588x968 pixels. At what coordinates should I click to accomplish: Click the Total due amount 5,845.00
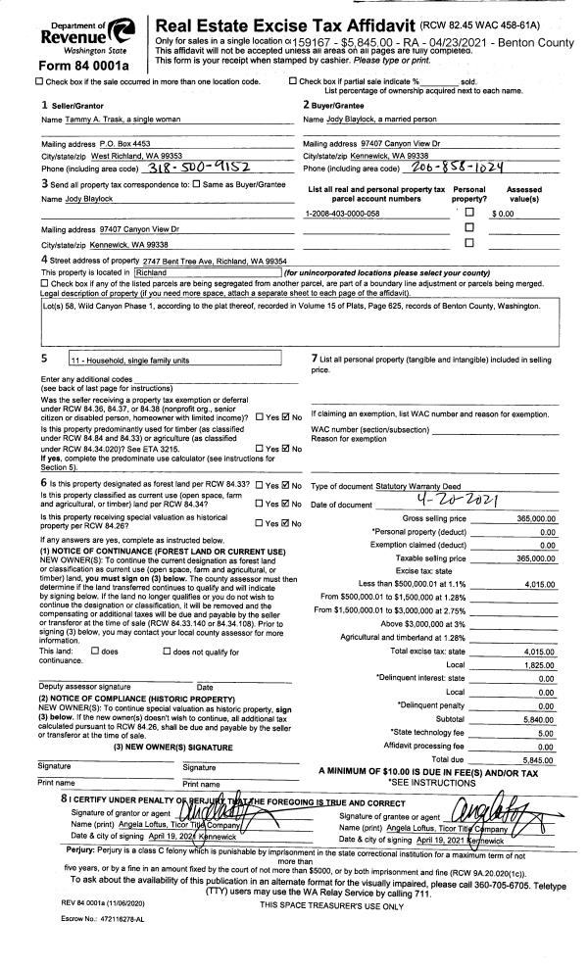[537, 759]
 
